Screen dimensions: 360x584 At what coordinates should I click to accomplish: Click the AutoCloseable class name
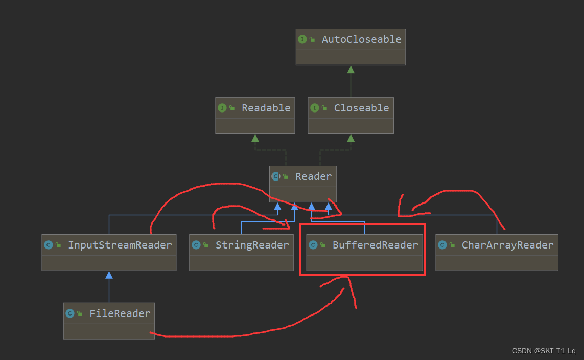coord(361,39)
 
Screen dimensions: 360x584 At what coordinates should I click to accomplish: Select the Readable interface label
coord(266,108)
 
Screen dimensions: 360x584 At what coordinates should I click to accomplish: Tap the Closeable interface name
coord(361,108)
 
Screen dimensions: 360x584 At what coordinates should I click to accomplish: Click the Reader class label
coord(313,176)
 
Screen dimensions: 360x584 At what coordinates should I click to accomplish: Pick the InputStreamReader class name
coord(120,245)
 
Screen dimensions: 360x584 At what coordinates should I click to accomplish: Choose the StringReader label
coord(252,245)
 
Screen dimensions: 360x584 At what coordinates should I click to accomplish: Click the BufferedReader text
coord(375,245)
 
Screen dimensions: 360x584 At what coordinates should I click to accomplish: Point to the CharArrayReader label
coord(507,245)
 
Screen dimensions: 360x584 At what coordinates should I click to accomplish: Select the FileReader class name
coord(120,313)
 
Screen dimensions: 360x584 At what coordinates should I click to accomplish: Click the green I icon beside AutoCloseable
coord(302,39)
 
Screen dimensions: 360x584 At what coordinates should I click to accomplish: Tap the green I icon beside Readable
coord(222,108)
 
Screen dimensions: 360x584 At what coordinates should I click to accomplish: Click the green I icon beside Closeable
coord(314,108)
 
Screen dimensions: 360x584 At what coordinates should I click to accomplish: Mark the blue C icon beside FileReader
coord(69,313)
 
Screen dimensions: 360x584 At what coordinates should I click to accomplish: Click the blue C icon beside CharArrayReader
coord(442,245)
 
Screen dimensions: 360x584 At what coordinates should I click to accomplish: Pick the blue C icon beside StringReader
coord(196,245)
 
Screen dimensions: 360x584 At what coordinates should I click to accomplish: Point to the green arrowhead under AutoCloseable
coord(351,69)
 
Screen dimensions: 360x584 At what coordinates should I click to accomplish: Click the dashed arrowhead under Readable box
coord(255,138)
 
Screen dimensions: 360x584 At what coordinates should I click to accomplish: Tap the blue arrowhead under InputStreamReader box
coord(109,275)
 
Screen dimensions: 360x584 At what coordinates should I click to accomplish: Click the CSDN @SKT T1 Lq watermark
coord(544,351)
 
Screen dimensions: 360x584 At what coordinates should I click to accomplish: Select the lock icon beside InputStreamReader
coord(58,245)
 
